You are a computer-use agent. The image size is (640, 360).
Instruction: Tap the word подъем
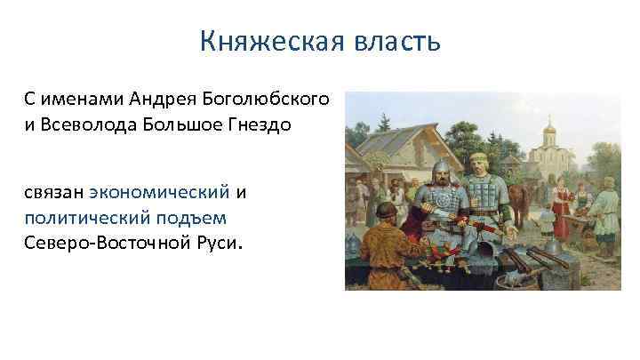[188, 217]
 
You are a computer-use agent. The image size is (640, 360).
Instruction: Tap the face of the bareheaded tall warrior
[479, 164]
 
